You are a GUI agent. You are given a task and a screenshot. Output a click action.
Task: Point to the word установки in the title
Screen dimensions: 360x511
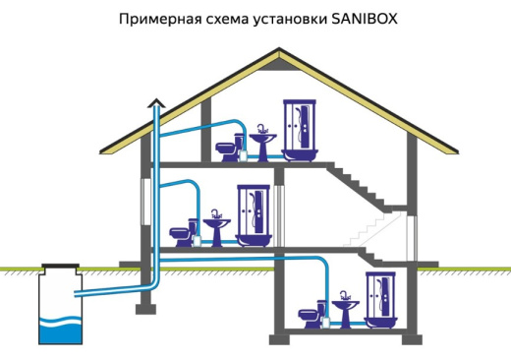[x=283, y=18]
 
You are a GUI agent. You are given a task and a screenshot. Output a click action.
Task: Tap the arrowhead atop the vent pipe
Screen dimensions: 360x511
[x=153, y=98]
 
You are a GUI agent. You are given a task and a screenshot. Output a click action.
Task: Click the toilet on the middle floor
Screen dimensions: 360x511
[x=181, y=238]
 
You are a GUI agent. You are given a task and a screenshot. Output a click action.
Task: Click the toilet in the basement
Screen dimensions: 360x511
[x=307, y=316]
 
